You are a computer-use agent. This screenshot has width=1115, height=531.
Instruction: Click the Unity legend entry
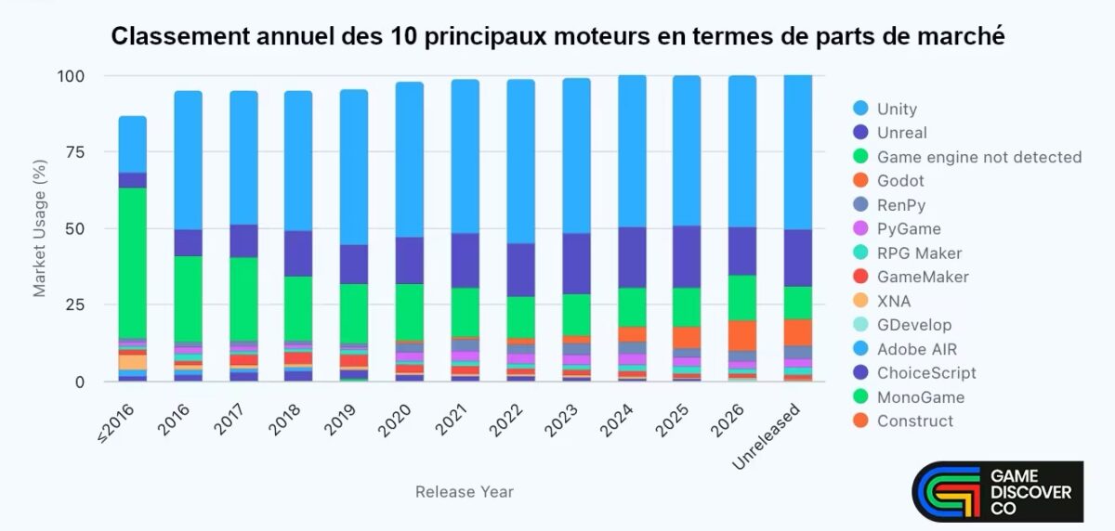[x=897, y=109]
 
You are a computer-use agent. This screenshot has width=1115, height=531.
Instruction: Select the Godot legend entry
[x=899, y=181]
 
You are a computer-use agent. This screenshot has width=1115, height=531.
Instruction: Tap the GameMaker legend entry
[x=922, y=277]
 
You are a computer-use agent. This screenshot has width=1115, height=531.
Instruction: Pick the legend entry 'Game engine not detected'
[x=978, y=157]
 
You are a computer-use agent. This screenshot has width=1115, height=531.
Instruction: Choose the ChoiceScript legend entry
[x=926, y=373]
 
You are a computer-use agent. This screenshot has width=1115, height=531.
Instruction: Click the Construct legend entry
[x=914, y=421]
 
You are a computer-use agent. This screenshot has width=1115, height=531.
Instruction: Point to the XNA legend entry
[x=894, y=301]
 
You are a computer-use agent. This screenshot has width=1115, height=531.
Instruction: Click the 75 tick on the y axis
[x=82, y=152]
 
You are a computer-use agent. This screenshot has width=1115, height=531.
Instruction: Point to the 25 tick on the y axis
[x=82, y=305]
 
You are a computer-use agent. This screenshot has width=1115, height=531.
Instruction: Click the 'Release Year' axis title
[x=464, y=492]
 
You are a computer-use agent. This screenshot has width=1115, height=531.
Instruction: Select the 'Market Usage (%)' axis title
[x=40, y=228]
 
